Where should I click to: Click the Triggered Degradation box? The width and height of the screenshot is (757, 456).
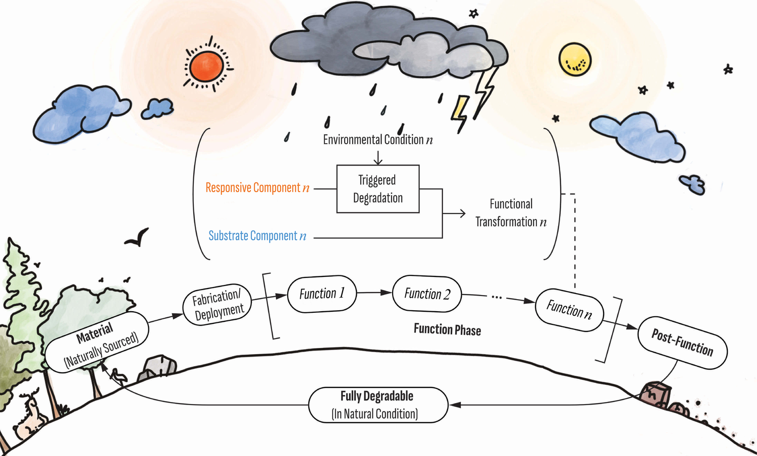[x=377, y=189]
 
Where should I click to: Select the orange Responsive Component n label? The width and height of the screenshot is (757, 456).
[x=257, y=188]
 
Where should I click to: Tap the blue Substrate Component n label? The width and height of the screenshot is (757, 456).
[x=257, y=236]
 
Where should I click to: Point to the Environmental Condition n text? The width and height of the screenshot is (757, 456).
[x=377, y=140]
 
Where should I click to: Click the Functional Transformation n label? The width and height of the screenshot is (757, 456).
[x=511, y=213]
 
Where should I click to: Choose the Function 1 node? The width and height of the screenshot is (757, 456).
[x=322, y=294]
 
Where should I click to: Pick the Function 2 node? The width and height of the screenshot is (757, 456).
[x=427, y=294]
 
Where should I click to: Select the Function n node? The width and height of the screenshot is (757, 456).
[x=569, y=309]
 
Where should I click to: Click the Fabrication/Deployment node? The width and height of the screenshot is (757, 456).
[x=218, y=305]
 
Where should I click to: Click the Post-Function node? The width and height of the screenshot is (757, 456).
[x=682, y=343]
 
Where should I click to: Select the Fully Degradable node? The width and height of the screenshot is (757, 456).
[x=377, y=405]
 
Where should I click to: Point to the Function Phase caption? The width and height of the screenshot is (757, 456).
[x=447, y=330]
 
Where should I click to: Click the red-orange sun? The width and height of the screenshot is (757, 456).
[x=207, y=66]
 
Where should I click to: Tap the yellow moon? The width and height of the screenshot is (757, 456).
[x=574, y=59]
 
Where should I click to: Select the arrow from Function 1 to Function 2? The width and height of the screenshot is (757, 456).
[x=374, y=293]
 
